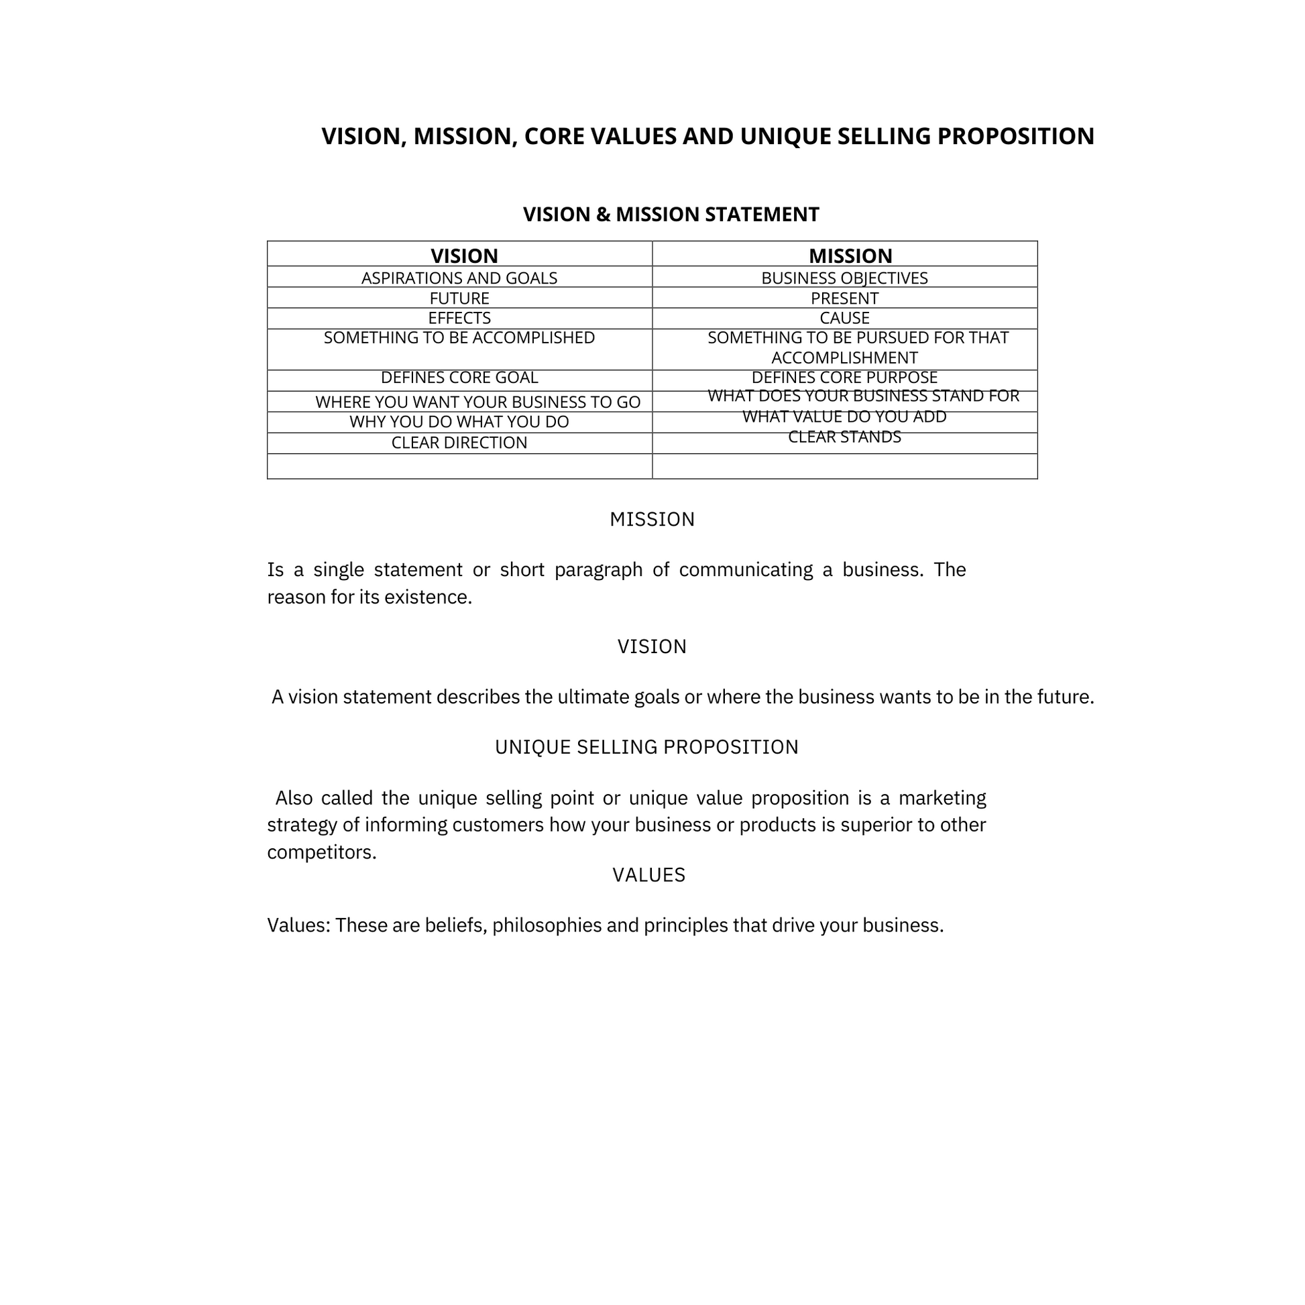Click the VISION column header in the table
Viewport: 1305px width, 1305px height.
(464, 256)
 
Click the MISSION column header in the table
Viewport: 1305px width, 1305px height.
(850, 256)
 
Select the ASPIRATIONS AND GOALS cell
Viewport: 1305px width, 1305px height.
(459, 278)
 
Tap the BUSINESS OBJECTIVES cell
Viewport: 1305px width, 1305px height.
(844, 278)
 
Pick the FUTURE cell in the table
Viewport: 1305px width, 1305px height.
(459, 298)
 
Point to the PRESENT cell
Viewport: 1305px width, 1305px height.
(844, 298)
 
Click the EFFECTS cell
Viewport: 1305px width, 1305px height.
(459, 318)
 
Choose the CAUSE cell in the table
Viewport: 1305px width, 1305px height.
(844, 318)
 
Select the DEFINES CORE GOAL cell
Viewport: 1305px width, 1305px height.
(459, 378)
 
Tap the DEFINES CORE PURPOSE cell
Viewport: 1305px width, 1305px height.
(844, 378)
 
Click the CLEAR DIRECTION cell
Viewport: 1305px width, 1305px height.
(459, 443)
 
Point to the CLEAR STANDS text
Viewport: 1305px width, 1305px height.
(844, 437)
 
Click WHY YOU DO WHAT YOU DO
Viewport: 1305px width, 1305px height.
(459, 422)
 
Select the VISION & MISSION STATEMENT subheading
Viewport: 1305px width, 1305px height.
(671, 215)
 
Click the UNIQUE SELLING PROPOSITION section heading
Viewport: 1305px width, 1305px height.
(646, 747)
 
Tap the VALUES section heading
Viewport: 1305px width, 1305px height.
(648, 875)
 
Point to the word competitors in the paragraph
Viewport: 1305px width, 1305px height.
(321, 852)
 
